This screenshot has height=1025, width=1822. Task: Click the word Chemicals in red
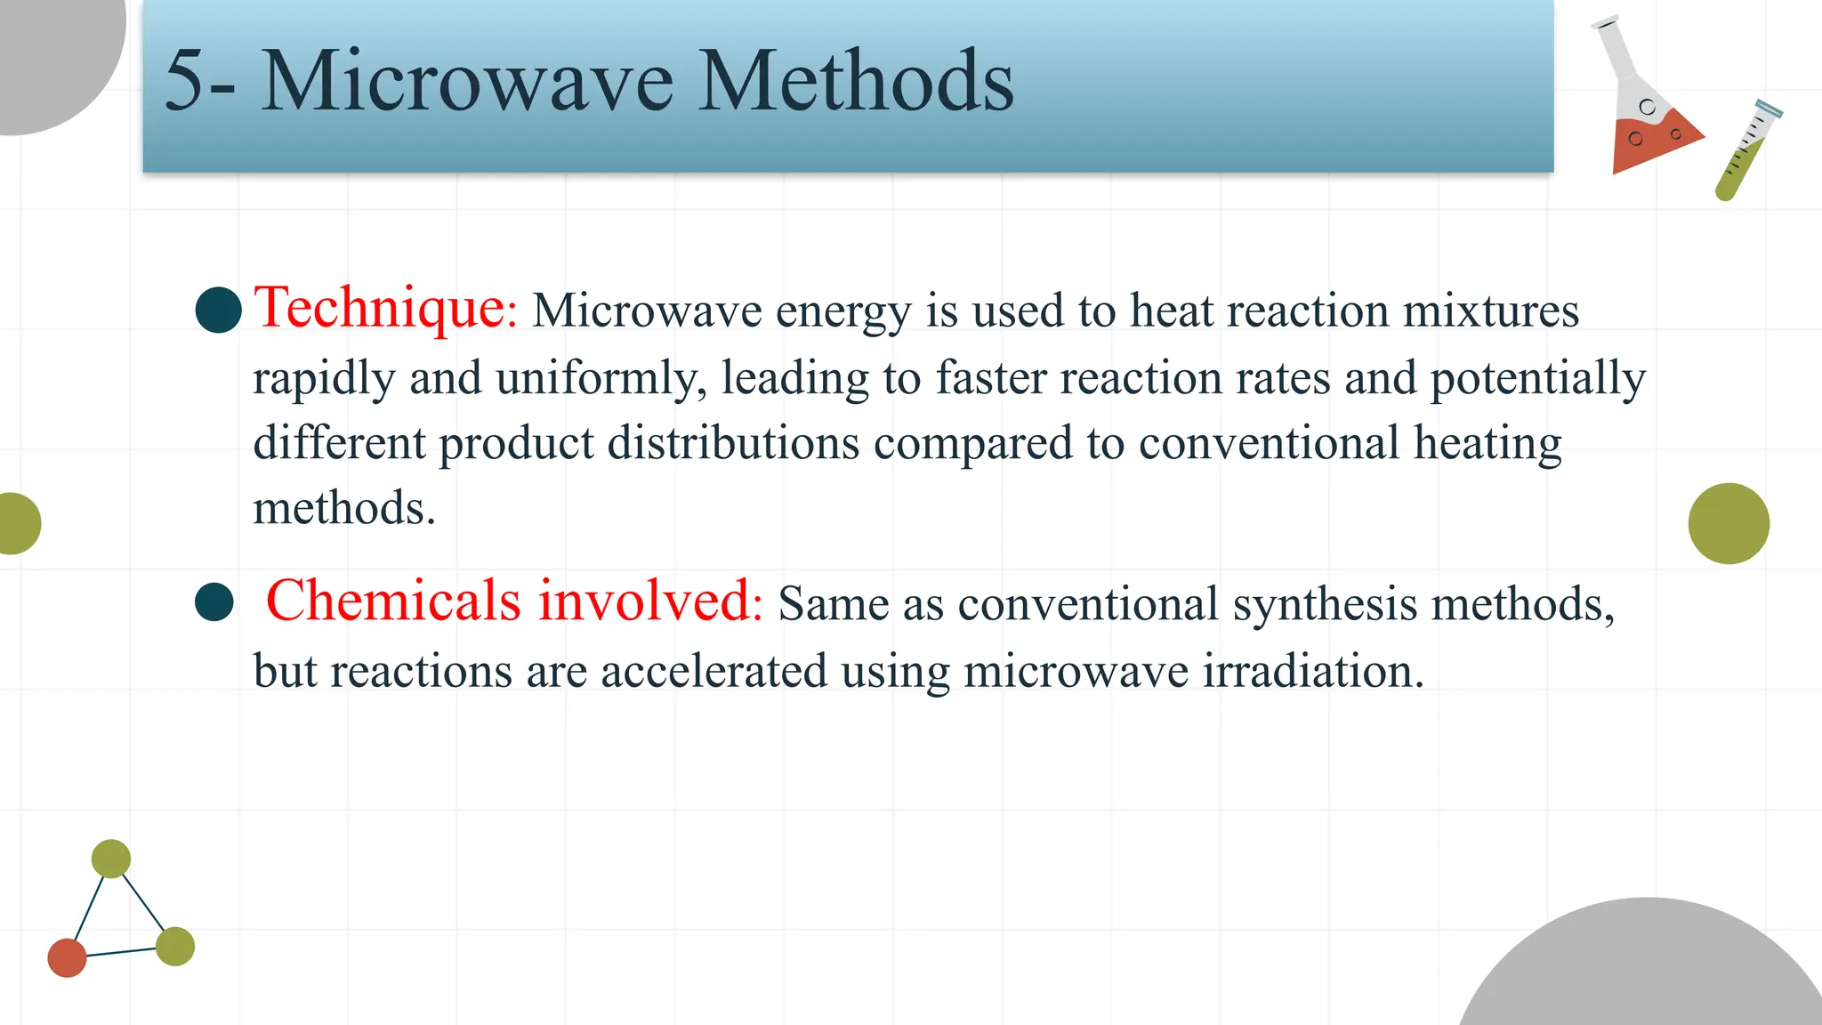click(392, 601)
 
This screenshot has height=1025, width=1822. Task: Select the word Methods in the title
click(855, 81)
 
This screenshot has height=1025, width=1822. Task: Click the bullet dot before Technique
click(219, 310)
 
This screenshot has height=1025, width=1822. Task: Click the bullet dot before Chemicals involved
click(214, 602)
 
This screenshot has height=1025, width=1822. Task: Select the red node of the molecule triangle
click(67, 957)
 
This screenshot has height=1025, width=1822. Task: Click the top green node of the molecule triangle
click(111, 859)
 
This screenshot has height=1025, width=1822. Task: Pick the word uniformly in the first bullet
click(601, 378)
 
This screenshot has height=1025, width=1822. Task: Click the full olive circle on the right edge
click(1729, 523)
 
